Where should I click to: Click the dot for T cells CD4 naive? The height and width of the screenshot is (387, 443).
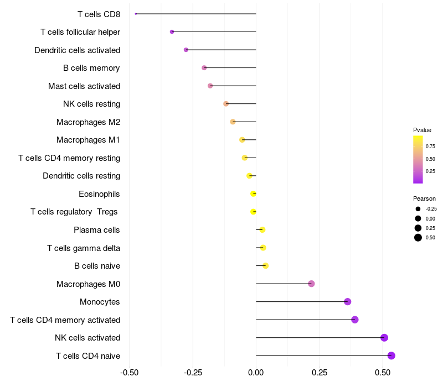click(392, 355)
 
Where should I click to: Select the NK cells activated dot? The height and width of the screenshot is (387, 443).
click(384, 338)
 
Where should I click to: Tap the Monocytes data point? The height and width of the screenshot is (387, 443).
click(348, 301)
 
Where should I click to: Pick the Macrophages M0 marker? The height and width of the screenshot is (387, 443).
click(311, 284)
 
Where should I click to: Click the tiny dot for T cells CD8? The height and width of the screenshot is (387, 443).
click(136, 14)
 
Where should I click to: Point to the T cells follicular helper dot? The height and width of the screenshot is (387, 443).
click(172, 32)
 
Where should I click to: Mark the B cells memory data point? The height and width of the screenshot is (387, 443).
click(204, 67)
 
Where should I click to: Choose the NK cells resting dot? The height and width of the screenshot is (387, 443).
click(226, 104)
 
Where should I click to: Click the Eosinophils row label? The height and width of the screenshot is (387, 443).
click(99, 194)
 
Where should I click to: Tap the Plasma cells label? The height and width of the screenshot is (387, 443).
click(96, 230)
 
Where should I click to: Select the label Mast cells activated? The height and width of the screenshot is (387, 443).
click(84, 86)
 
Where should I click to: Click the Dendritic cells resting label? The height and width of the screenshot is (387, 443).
click(81, 176)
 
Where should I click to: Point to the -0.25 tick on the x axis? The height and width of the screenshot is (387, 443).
click(193, 373)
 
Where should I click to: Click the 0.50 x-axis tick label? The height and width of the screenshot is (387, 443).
click(383, 373)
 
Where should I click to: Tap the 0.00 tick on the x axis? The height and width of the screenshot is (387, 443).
click(256, 373)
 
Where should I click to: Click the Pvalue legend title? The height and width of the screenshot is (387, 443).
click(422, 130)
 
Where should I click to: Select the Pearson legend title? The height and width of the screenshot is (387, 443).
click(424, 198)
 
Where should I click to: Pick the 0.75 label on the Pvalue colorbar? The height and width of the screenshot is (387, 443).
click(430, 146)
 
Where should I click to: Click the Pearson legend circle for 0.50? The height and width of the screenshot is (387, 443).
click(418, 238)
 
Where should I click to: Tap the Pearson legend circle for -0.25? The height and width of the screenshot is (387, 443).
click(418, 209)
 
